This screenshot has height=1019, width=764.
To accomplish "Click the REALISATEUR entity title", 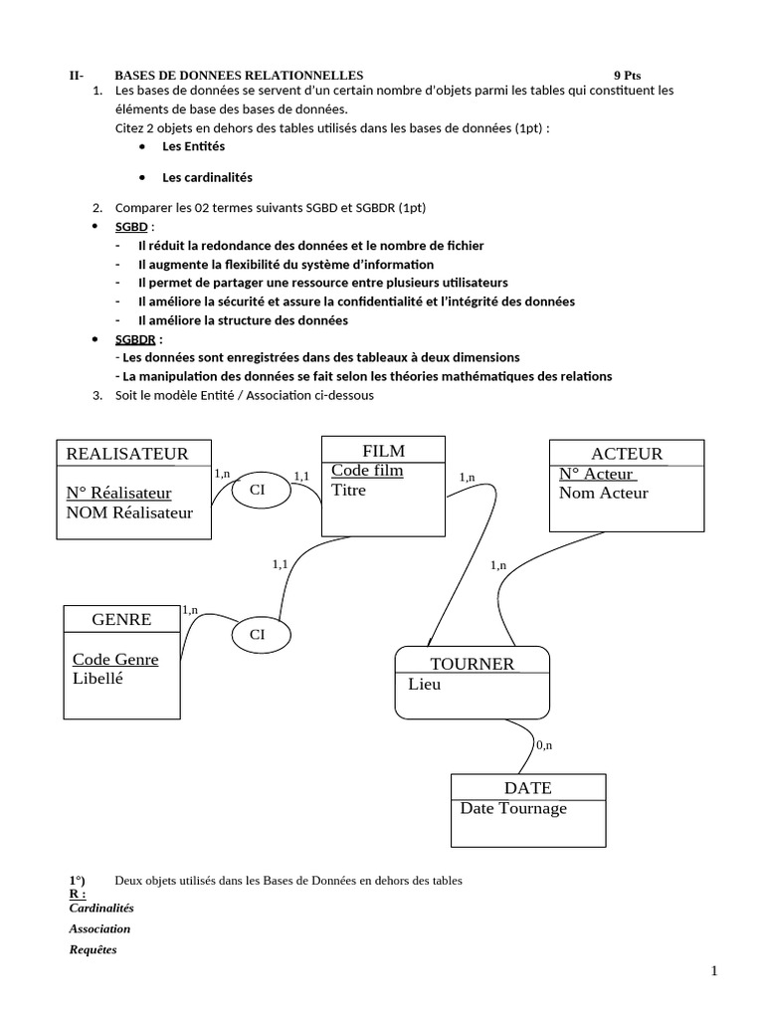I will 126,454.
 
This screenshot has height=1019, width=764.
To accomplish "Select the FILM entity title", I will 383,450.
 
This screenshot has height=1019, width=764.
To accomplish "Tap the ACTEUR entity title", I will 627,454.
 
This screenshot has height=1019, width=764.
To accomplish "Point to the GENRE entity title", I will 121,619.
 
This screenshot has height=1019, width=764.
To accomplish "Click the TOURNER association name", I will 472,664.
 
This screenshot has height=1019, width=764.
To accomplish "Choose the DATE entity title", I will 527,787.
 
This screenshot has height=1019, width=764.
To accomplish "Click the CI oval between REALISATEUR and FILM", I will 258,490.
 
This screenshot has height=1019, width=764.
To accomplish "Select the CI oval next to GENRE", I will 258,634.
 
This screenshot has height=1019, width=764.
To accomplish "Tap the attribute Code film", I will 367,470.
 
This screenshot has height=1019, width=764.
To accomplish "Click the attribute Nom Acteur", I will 603,493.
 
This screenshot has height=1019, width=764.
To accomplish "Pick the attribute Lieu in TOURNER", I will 424,685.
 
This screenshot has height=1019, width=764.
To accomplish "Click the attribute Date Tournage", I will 513,808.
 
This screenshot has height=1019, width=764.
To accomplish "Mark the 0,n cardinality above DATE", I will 545,744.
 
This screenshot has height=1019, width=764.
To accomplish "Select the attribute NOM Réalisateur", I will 129,512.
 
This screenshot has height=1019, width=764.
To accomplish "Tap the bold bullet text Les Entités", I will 194,146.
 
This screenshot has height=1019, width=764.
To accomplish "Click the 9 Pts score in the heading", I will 627,75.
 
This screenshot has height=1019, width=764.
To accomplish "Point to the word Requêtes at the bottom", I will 93,949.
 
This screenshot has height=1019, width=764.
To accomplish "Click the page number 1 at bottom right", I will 714,972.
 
